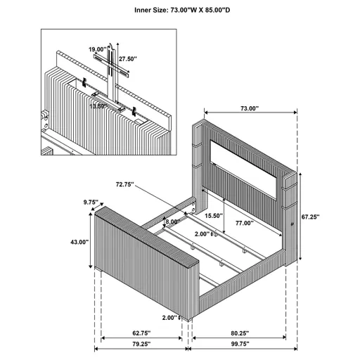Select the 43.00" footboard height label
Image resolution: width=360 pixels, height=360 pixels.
79,242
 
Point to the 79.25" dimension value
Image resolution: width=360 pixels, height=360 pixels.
142,345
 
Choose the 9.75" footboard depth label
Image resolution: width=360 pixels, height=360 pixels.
90,202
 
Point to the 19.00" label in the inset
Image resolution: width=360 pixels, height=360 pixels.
97,49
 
